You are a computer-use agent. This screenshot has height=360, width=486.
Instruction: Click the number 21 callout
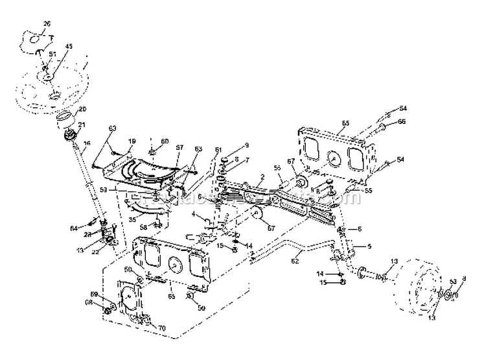pyautogui.click(x=82, y=125)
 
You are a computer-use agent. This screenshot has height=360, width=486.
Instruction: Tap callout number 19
pyautogui.click(x=132, y=141)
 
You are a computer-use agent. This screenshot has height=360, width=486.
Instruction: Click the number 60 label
pyautogui.click(x=165, y=141)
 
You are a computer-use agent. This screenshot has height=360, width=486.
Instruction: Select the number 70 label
pyautogui.click(x=161, y=328)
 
